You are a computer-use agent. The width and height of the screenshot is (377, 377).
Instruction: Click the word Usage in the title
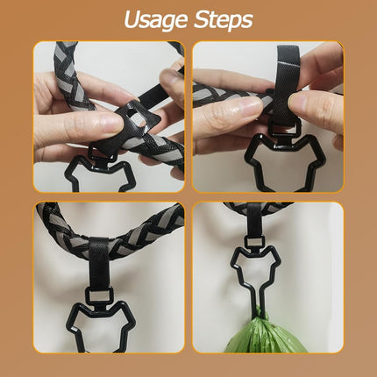point(155,20)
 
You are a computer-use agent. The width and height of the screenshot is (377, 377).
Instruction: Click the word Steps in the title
point(223,19)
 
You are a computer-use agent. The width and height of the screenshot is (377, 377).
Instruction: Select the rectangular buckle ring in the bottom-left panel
point(99,295)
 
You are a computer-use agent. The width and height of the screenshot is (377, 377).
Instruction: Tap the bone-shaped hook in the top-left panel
point(69,173)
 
